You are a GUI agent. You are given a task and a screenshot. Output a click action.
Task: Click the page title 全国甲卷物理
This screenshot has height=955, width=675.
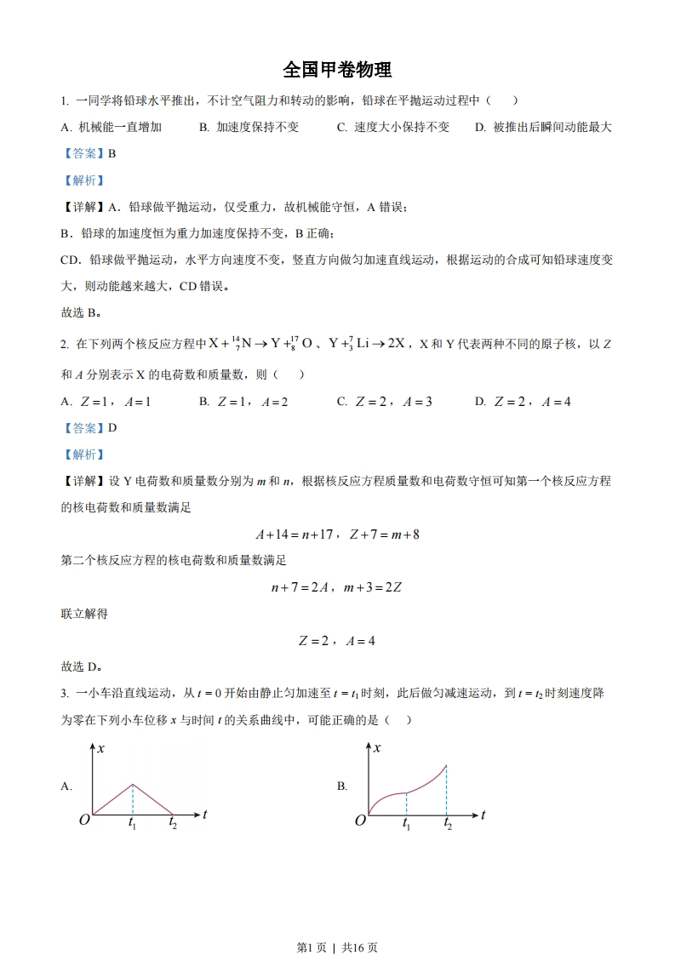click(337, 69)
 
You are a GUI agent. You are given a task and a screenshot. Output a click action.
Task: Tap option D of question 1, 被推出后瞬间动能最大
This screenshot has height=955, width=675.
click(543, 127)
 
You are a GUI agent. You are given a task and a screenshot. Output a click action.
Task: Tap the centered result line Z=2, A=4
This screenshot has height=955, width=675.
click(337, 641)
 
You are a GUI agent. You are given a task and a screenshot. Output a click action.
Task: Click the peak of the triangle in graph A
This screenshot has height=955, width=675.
click(133, 784)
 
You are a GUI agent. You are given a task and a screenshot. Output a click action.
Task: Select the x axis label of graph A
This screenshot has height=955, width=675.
click(101, 748)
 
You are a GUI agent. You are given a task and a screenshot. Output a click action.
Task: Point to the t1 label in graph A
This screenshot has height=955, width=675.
click(133, 823)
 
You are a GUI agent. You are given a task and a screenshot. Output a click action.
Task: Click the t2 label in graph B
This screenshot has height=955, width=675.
click(448, 824)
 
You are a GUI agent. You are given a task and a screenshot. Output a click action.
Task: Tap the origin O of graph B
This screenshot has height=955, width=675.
click(360, 820)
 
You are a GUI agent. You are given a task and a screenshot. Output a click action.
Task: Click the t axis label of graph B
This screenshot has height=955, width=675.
click(483, 815)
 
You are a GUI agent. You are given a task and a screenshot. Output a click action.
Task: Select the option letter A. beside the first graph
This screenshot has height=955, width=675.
click(66, 786)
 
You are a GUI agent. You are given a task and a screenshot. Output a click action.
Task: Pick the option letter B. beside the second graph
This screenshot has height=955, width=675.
click(342, 786)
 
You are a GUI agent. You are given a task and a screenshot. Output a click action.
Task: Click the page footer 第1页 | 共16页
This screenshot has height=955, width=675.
click(337, 923)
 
